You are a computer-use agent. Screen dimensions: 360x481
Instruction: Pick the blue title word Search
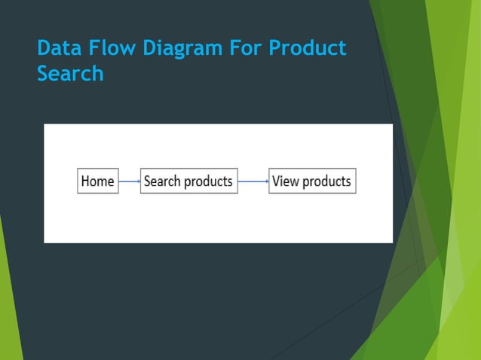point(70,75)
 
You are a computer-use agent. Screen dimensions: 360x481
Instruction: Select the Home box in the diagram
point(98,182)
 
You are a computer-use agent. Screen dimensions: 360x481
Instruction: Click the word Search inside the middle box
point(163,182)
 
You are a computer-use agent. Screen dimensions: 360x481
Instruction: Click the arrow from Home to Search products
point(129,182)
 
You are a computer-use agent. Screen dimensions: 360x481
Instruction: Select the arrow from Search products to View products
point(253,182)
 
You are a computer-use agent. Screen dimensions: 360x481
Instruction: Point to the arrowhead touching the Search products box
point(139,182)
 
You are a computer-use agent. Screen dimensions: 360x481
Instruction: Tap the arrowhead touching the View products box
point(267,182)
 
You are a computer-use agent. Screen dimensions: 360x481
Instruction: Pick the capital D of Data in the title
point(44,49)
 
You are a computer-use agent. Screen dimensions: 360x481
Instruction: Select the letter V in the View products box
point(277,182)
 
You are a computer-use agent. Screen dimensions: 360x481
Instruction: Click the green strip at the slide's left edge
point(8,301)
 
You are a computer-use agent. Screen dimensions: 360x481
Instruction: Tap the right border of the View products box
point(356,182)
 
